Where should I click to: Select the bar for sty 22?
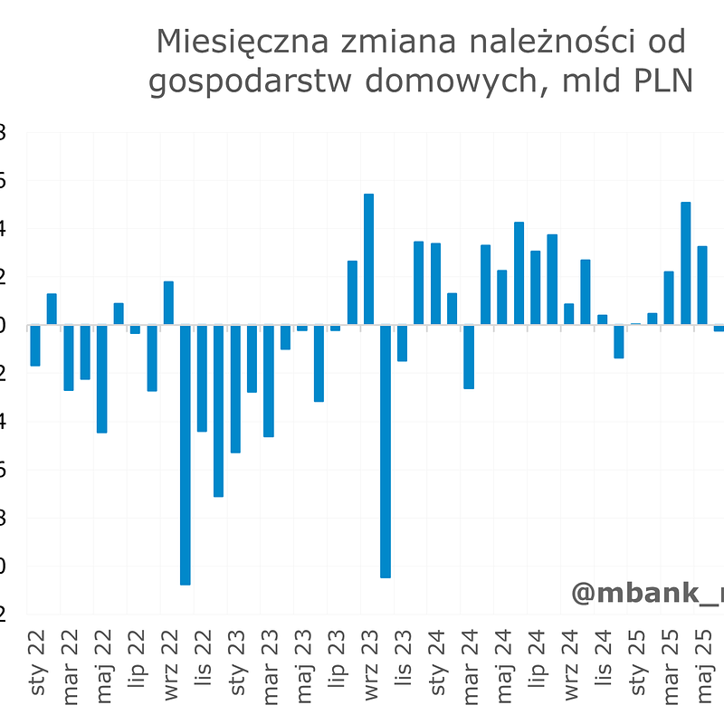pos(35,345)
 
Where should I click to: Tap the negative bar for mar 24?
pos(469,357)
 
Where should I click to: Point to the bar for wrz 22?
pos(168,302)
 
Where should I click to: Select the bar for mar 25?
pos(669,298)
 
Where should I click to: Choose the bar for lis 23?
pos(402,343)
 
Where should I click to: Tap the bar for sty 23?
pos(235,388)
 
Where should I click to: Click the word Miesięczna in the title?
pos(234,42)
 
